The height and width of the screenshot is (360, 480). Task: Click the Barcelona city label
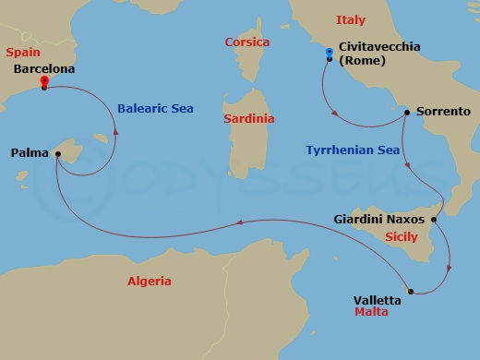(x=45, y=68)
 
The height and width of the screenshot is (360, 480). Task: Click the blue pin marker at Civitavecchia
(x=330, y=53)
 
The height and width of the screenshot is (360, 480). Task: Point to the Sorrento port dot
(x=407, y=112)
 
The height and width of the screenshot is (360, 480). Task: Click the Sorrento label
(x=444, y=110)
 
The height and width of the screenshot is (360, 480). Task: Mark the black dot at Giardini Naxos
(x=434, y=220)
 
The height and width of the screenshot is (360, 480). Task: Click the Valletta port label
(x=378, y=299)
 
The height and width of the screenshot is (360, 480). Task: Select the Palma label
(x=30, y=154)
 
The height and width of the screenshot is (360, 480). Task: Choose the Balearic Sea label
(x=155, y=108)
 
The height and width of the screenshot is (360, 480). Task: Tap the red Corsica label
(x=246, y=42)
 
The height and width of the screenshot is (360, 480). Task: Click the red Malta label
(x=371, y=313)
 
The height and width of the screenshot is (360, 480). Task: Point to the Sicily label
(x=401, y=236)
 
